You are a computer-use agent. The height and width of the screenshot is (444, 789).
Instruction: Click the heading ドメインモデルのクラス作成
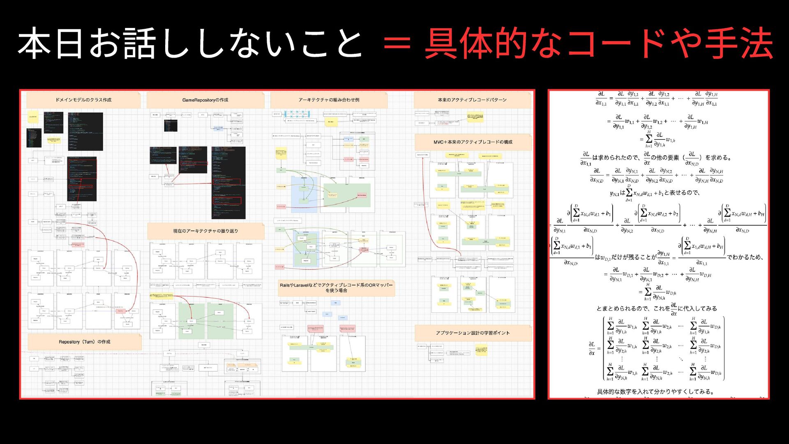click(83, 100)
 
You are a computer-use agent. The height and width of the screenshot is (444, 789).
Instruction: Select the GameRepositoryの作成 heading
click(205, 100)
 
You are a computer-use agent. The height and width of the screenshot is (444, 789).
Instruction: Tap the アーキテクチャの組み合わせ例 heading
click(329, 100)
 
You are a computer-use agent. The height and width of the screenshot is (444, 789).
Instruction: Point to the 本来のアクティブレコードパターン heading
click(472, 100)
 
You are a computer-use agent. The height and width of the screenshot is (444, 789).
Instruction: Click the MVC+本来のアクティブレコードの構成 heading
click(473, 142)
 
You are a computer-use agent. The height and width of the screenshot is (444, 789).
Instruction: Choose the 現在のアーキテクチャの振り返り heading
click(205, 231)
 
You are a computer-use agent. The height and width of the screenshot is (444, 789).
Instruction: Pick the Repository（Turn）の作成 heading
click(85, 342)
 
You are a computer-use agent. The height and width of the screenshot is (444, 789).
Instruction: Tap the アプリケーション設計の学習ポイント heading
click(473, 333)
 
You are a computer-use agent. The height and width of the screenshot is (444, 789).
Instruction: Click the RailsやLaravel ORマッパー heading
click(336, 288)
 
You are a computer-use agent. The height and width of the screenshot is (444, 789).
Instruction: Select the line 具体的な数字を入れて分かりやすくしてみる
click(655, 392)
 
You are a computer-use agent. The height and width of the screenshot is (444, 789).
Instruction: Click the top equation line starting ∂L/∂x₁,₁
click(657, 99)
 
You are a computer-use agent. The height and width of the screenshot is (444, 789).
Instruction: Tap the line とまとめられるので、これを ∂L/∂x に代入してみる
click(657, 308)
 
